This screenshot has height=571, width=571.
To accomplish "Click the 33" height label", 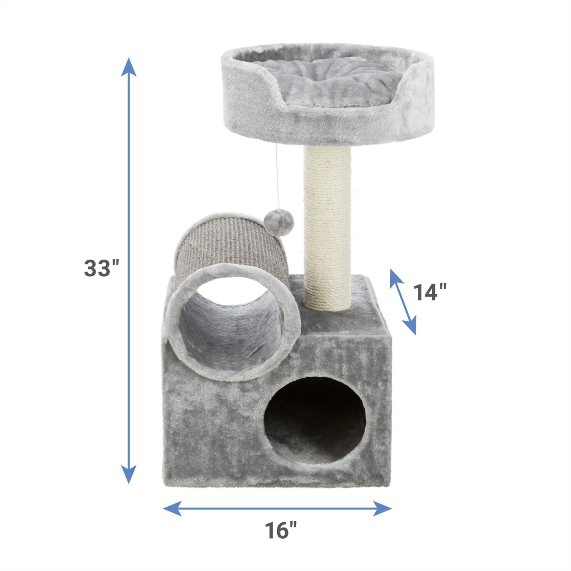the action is click(102, 268).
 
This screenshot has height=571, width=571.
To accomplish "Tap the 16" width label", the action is click(281, 530).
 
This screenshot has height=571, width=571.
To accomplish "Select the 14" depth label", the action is click(430, 292).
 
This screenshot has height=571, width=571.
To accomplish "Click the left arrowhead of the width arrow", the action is click(172, 508).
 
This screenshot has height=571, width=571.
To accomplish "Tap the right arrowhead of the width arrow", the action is click(382, 508).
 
